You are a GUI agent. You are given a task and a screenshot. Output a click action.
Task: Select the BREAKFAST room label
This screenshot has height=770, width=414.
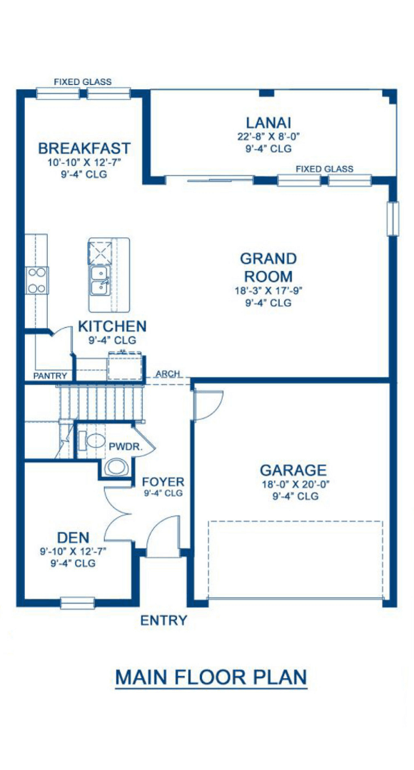click(84, 148)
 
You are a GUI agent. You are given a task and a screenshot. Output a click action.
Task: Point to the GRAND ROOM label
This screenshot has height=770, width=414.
click(268, 267)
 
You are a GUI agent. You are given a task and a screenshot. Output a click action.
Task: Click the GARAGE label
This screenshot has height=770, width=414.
click(293, 470)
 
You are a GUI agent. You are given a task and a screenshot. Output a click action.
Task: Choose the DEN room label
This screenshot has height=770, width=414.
click(73, 538)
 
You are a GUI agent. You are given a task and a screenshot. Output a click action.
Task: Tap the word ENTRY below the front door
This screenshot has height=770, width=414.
click(163, 620)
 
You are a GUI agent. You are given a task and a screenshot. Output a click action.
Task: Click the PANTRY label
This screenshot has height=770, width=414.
click(50, 376)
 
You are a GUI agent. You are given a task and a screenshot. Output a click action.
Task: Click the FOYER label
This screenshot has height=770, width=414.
click(163, 481)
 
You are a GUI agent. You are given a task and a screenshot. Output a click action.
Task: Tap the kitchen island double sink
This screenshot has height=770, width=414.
click(100, 280)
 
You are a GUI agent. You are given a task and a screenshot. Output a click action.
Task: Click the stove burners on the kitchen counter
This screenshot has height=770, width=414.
click(36, 280)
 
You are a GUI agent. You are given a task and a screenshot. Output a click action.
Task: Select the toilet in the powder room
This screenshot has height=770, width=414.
click(91, 440)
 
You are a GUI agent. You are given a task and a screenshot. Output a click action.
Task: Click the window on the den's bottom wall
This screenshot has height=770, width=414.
click(77, 602)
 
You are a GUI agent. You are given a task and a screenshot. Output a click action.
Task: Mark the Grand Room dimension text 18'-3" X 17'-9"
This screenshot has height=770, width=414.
click(268, 291)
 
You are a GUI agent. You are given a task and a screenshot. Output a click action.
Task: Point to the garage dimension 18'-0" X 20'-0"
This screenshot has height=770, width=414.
click(295, 484)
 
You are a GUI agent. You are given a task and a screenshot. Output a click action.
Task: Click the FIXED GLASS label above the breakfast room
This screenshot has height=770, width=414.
click(83, 81)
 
